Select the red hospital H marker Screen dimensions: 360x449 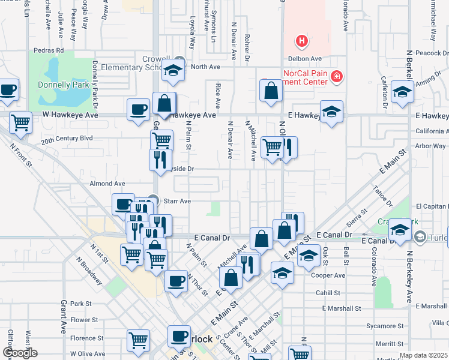(x=302, y=41)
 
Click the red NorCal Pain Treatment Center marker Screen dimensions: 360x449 (x=337, y=76)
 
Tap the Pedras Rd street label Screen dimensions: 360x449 (x=49, y=50)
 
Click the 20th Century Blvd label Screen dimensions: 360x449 (x=67, y=138)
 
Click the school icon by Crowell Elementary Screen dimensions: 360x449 (x=173, y=71)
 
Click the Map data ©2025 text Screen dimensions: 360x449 (x=423, y=355)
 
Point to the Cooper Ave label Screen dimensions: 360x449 (x=332, y=275)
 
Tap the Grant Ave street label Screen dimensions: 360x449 (x=63, y=317)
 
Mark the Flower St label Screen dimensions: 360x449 (x=80, y=320)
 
